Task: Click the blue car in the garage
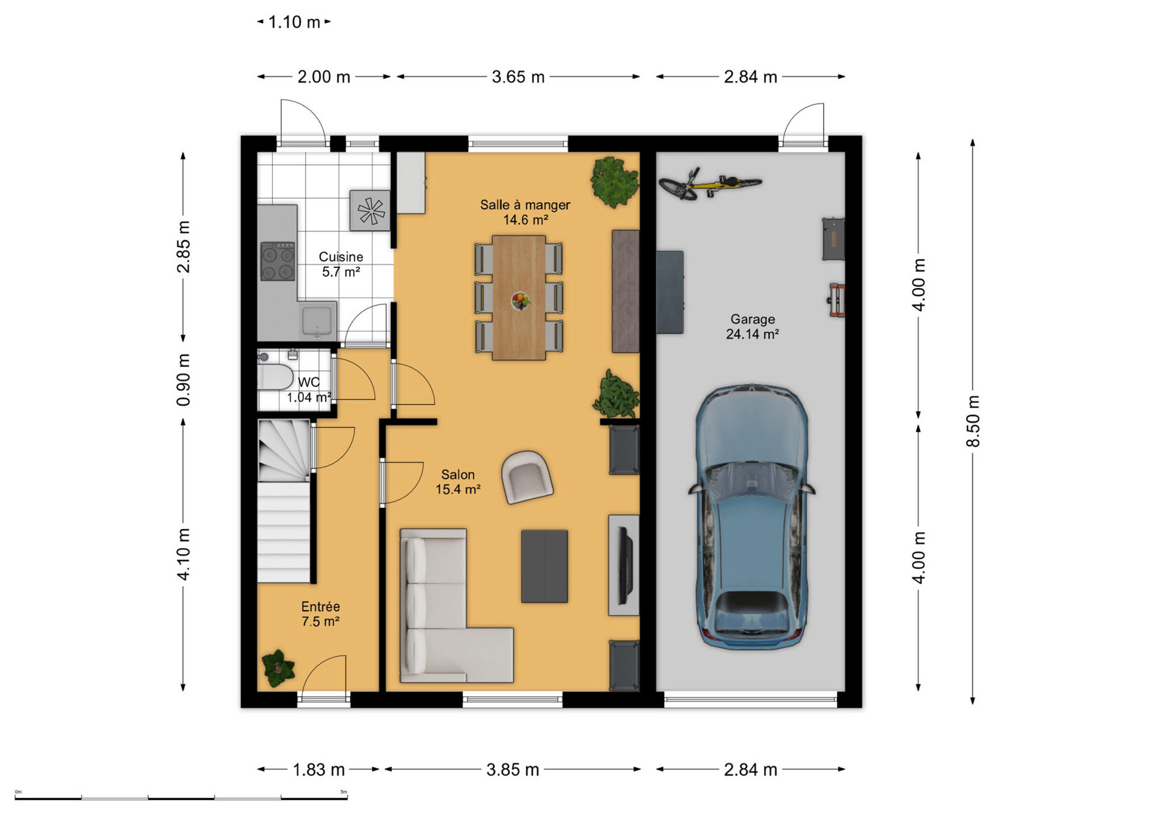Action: click(752, 517)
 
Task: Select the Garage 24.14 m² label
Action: click(752, 327)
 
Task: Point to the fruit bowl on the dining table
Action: click(520, 301)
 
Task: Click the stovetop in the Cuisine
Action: click(278, 261)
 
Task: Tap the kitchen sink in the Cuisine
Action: click(318, 320)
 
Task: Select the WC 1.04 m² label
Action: click(308, 390)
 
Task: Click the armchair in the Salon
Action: click(527, 477)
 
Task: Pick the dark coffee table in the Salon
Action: click(544, 566)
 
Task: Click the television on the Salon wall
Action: click(625, 566)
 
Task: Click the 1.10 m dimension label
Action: click(294, 22)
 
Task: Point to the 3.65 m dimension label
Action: click(518, 77)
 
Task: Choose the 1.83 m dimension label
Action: click(319, 770)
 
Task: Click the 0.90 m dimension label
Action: click(183, 379)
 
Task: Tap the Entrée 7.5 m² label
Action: click(320, 614)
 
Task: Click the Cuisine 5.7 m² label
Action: click(341, 264)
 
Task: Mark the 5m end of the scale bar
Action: click(347, 799)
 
